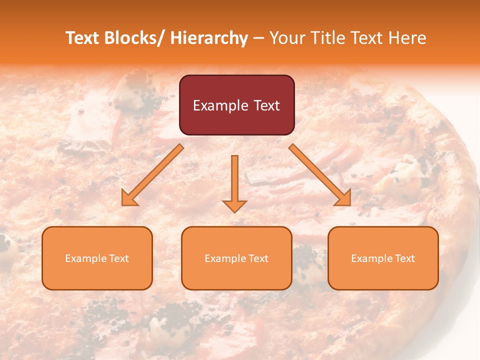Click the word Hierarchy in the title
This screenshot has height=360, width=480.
pos(208,38)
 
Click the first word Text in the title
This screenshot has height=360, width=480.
pos(83,38)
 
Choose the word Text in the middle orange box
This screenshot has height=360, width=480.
pos(256,258)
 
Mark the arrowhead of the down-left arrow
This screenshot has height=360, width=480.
pos(129,198)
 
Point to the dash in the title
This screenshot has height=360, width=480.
pos(258,38)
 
